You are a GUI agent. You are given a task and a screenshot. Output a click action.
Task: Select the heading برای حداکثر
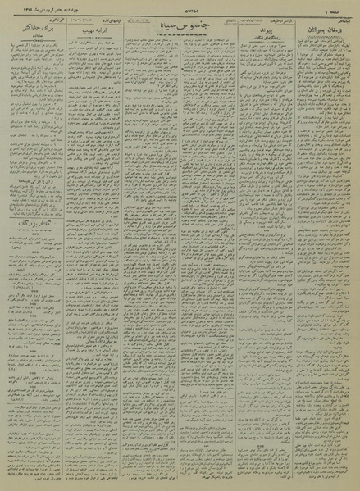point(31,29)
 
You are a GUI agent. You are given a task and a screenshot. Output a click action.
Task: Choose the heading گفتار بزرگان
point(33,223)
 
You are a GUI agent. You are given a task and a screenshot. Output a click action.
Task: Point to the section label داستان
point(216,16)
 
